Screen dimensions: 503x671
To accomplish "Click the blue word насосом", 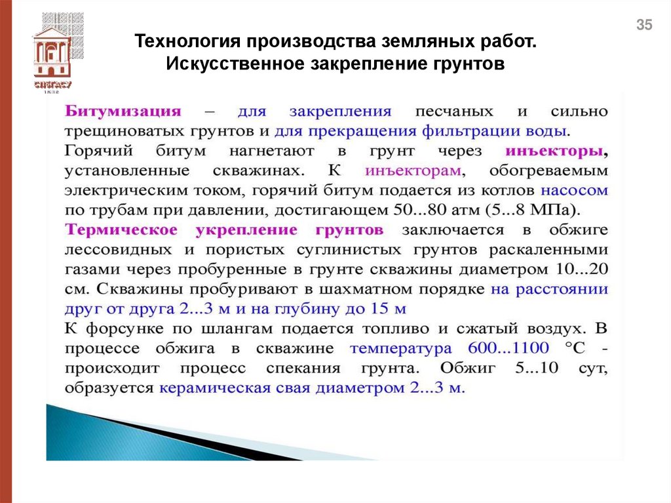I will pos(574,191).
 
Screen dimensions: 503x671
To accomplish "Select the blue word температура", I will pos(401,348).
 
